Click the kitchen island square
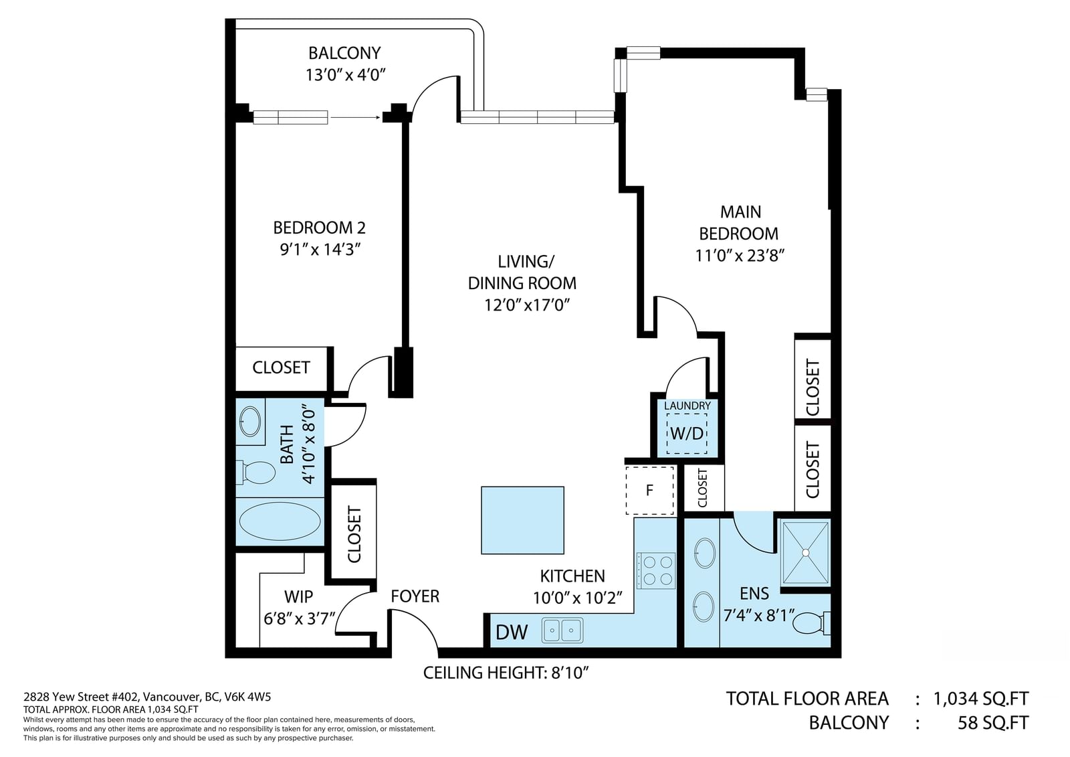tap(522, 520)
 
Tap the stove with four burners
tap(655, 570)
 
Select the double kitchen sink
tap(562, 630)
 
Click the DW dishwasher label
tap(512, 633)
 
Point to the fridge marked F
tap(649, 491)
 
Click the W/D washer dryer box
tap(687, 433)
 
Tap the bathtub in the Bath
tap(280, 521)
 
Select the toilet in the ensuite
tap(812, 622)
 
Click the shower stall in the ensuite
tap(806, 553)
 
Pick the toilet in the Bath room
tap(256, 472)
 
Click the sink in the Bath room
tap(250, 421)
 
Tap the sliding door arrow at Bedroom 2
tap(355, 117)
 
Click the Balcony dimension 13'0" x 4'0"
tap(345, 75)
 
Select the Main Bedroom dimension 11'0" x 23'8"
tap(740, 256)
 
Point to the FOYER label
tap(415, 596)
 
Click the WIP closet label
tap(298, 596)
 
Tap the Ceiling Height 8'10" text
tap(506, 673)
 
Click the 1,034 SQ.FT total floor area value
tap(980, 699)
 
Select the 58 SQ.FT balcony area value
tap(993, 723)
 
